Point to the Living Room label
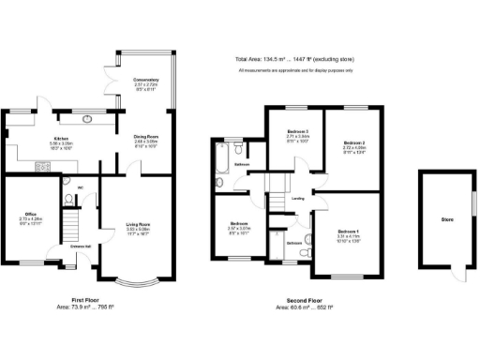[139, 224]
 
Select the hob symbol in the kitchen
[40, 167]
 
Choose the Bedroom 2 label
[354, 143]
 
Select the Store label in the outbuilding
[447, 219]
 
